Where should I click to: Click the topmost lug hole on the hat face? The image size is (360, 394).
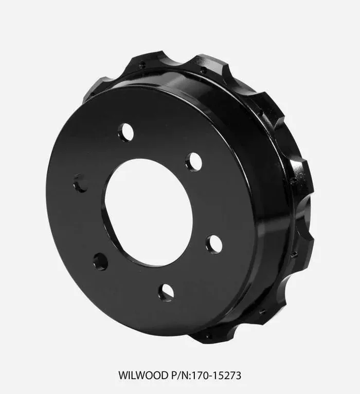125,133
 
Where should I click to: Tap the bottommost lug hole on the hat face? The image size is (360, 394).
166,292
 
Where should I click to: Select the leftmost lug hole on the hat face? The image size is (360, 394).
80,183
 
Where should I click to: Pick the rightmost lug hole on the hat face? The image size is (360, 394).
214,243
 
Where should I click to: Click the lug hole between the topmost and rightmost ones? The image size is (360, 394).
193,161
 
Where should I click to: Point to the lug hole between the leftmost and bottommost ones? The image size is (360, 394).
100,261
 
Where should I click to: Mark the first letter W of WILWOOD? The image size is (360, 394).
123,376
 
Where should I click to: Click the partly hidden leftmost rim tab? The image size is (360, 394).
95,87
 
